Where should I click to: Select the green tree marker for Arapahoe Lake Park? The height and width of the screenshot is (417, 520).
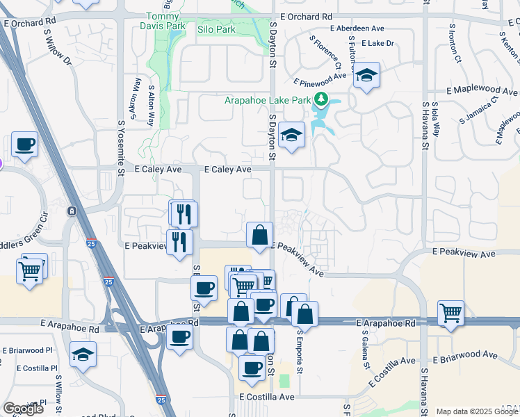click(x=321, y=100)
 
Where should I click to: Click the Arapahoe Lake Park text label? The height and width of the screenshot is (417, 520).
click(x=267, y=100)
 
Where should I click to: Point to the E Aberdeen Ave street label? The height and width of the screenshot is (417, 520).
click(x=358, y=28)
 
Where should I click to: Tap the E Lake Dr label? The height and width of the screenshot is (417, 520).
click(x=378, y=43)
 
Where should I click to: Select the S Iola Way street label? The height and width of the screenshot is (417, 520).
click(x=436, y=119)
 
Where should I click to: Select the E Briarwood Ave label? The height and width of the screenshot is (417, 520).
click(x=465, y=354)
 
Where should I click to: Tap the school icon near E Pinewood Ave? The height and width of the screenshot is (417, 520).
click(x=366, y=75)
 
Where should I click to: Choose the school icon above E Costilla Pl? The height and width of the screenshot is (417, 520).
click(x=83, y=354)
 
